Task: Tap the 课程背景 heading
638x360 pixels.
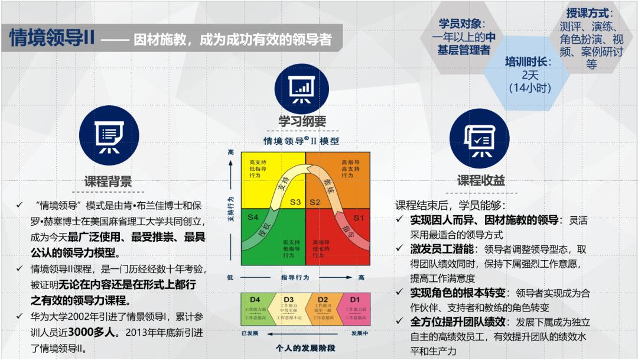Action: coord(108,181)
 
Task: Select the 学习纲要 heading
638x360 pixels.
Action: coord(302,122)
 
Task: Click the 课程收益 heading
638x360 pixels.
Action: coord(481,180)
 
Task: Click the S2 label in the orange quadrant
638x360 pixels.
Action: coord(315,202)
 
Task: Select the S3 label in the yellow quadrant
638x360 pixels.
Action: coord(295,202)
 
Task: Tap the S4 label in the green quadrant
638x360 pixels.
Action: coord(253,218)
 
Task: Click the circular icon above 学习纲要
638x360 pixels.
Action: coord(302,89)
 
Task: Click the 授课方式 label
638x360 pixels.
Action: coord(590,13)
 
